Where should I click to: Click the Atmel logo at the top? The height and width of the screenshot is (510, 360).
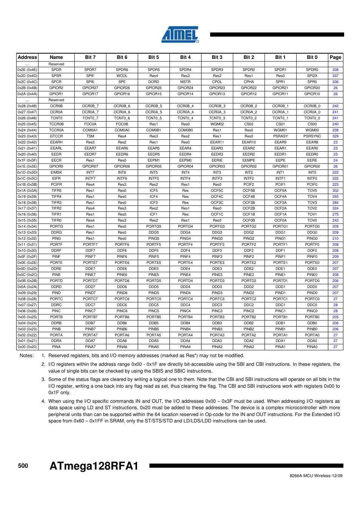point(180,34)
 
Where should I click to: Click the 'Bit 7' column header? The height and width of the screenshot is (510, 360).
point(90,57)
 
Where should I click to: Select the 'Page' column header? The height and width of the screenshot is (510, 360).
point(335,57)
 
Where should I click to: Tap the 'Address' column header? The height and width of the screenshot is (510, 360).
point(28,57)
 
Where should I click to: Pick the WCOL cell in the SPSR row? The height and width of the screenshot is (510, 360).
point(122,76)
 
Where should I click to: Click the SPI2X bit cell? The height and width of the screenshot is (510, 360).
point(312,76)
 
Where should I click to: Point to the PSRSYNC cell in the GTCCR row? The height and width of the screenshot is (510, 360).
point(312,136)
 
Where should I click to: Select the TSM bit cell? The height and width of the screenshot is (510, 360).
point(90,136)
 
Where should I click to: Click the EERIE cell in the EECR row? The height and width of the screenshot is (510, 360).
point(217,160)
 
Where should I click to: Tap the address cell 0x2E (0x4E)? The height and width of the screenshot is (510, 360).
point(27,70)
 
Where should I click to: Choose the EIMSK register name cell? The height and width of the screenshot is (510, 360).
point(56,173)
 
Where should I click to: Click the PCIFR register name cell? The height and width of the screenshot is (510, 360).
point(56,185)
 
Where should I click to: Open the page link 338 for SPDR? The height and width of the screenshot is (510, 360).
point(335,70)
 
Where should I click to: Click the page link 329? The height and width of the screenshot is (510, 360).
point(335,136)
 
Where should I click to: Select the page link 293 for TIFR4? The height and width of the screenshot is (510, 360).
point(335,197)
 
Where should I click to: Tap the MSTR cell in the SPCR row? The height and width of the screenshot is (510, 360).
point(185,82)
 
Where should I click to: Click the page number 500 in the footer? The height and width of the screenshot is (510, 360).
point(23,466)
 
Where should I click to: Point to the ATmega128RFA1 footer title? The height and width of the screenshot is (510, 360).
point(94,466)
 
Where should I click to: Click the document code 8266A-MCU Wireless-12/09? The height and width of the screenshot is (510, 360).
point(316,476)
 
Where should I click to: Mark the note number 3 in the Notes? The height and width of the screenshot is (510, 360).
point(43,379)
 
